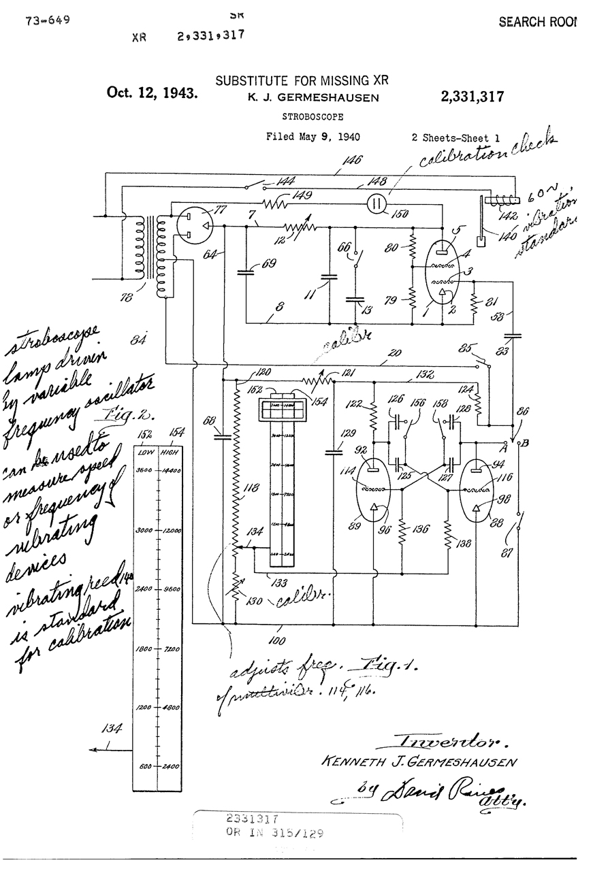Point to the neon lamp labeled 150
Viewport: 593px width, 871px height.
[x=377, y=203]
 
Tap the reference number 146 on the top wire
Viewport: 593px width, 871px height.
[x=353, y=160]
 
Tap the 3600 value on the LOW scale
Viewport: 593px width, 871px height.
[x=143, y=470]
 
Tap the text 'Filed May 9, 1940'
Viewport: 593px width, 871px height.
[x=312, y=137]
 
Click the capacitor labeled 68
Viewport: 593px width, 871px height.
[x=223, y=436]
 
